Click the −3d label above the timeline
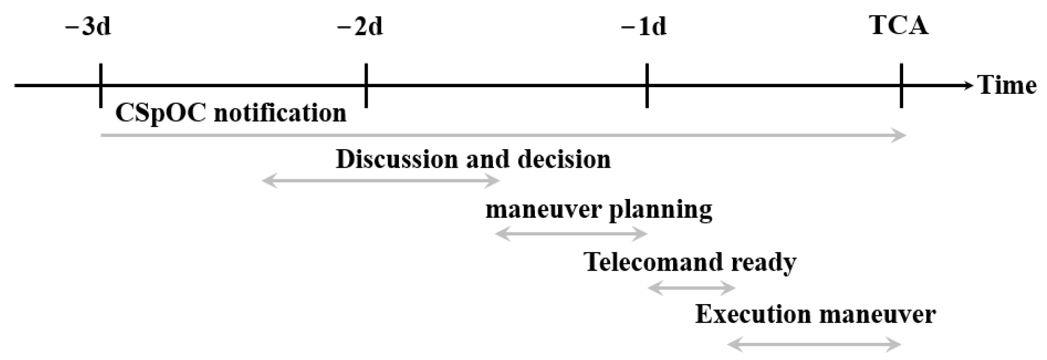[88, 27]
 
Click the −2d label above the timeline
[360, 27]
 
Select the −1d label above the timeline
[644, 27]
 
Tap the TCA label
[899, 26]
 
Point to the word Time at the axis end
[1007, 85]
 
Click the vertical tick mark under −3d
[101, 85]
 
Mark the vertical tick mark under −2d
[366, 85]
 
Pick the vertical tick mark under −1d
[647, 85]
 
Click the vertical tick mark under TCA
[901, 85]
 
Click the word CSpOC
[160, 114]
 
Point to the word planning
[660, 209]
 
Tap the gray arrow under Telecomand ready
[691, 289]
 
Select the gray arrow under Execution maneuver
[814, 345]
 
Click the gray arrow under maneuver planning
[571, 234]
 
